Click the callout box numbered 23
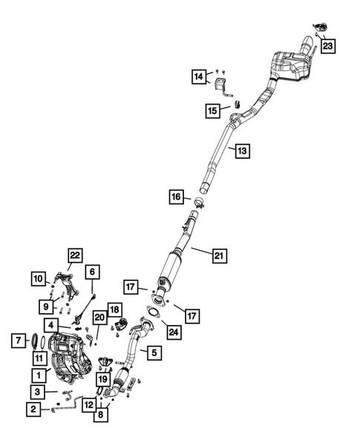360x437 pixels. coord(327,46)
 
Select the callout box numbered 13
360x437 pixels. coord(242,151)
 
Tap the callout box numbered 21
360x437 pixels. coord(220,255)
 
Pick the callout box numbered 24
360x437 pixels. coord(174,332)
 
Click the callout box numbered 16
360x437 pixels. coord(176,197)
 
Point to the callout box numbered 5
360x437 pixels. coord(154,352)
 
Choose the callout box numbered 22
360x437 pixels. coord(75,255)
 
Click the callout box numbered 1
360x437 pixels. coord(39,375)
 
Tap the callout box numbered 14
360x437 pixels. coord(199,76)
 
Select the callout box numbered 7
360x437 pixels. coord(19,341)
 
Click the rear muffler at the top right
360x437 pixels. coord(290,66)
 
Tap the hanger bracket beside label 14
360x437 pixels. coord(222,86)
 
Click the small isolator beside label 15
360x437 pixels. coord(238,104)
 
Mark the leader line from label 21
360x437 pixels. coord(202,250)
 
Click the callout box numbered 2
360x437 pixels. coord(33,410)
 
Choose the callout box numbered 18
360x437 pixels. coord(114,309)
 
